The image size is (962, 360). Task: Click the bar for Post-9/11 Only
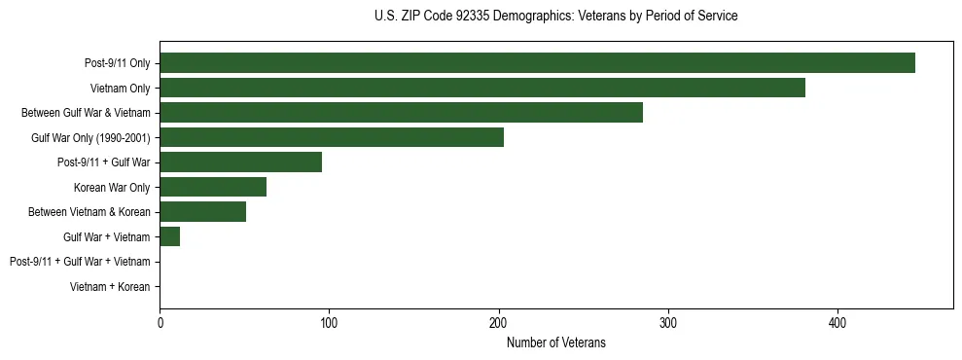click(537, 62)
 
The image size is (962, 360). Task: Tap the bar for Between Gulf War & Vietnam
click(401, 112)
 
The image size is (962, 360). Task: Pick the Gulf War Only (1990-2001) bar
click(332, 137)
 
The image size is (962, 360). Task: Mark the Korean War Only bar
click(213, 187)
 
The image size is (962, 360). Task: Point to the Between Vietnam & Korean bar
click(202, 211)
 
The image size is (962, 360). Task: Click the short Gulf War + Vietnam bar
click(169, 236)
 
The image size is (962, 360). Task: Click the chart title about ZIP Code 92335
click(555, 17)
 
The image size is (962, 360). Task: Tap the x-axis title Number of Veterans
click(555, 342)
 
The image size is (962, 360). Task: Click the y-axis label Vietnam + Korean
click(110, 287)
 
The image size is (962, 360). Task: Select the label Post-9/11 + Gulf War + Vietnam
click(80, 262)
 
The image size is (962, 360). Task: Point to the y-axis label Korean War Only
click(112, 187)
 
